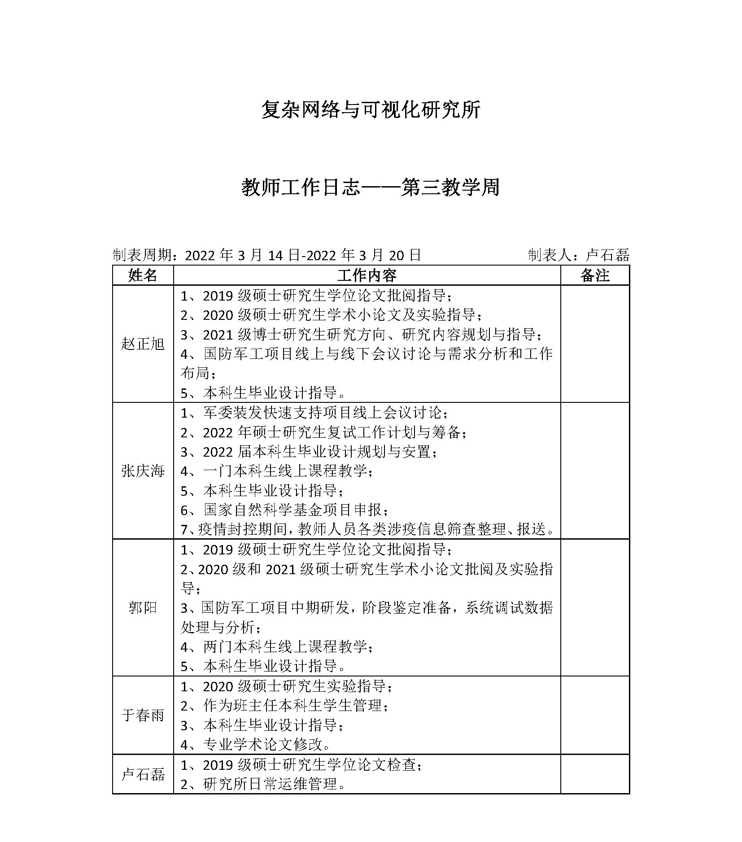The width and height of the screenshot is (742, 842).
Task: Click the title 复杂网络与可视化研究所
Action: [x=371, y=110]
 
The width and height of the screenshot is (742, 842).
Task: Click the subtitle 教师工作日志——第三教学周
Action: [x=371, y=188]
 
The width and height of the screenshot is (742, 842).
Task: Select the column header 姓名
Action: [x=143, y=275]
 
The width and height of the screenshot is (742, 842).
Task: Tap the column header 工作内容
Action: [x=367, y=275]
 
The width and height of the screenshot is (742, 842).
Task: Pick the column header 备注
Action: [x=595, y=275]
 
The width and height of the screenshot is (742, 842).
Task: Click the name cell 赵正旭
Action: [x=143, y=344]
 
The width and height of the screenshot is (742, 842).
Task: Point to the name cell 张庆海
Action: [x=143, y=471]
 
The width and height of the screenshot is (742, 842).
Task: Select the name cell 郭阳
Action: [x=143, y=608]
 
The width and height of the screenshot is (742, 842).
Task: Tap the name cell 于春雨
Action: [x=143, y=715]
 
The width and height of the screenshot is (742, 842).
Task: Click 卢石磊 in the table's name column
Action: [x=143, y=774]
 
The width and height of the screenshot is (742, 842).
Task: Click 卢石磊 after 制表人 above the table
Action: [x=607, y=255]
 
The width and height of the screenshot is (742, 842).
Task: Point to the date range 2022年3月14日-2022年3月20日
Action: [x=303, y=255]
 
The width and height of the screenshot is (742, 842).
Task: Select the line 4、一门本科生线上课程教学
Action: [x=276, y=471]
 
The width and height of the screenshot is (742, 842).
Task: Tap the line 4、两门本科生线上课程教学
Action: [x=276, y=647]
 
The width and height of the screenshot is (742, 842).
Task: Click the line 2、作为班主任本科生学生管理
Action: [x=284, y=706]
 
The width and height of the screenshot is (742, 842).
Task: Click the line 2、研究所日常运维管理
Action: [x=263, y=784]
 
